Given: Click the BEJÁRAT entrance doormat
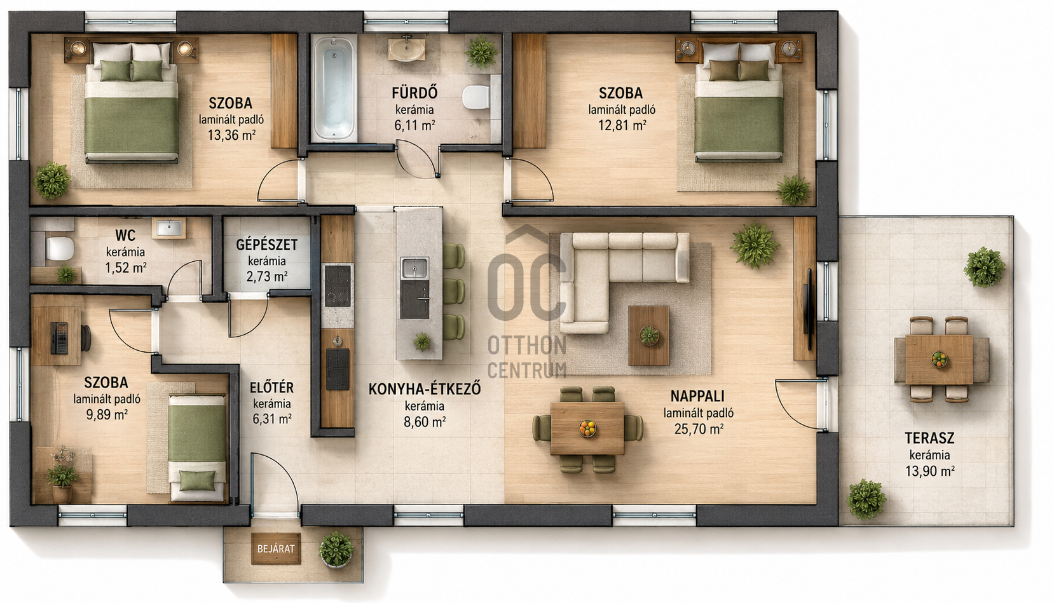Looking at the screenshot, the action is pyautogui.click(x=276, y=548).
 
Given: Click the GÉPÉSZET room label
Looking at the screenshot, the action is pyautogui.click(x=267, y=245).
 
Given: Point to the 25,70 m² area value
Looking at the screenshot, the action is pyautogui.click(x=698, y=429).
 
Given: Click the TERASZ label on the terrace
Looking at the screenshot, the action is pyautogui.click(x=929, y=438).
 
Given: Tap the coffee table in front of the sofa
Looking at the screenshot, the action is pyautogui.click(x=649, y=335).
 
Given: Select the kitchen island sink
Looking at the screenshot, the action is pyautogui.click(x=414, y=268).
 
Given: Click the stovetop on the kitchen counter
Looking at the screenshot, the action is pyautogui.click(x=338, y=285).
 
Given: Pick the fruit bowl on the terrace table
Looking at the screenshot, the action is pyautogui.click(x=939, y=360).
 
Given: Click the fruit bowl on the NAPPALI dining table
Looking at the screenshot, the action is pyautogui.click(x=587, y=428).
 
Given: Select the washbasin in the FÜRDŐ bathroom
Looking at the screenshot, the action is pyautogui.click(x=407, y=50).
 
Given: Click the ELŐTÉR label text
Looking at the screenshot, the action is pyautogui.click(x=271, y=388).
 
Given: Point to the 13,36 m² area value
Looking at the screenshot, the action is pyautogui.click(x=231, y=135).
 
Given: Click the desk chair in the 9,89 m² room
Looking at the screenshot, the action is pyautogui.click(x=86, y=337).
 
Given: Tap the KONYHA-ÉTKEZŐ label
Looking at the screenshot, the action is pyautogui.click(x=425, y=390).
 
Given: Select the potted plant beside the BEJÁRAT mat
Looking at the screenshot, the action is pyautogui.click(x=336, y=550).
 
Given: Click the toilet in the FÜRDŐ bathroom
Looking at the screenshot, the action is pyautogui.click(x=476, y=97).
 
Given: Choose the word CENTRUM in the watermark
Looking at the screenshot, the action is pyautogui.click(x=527, y=370).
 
